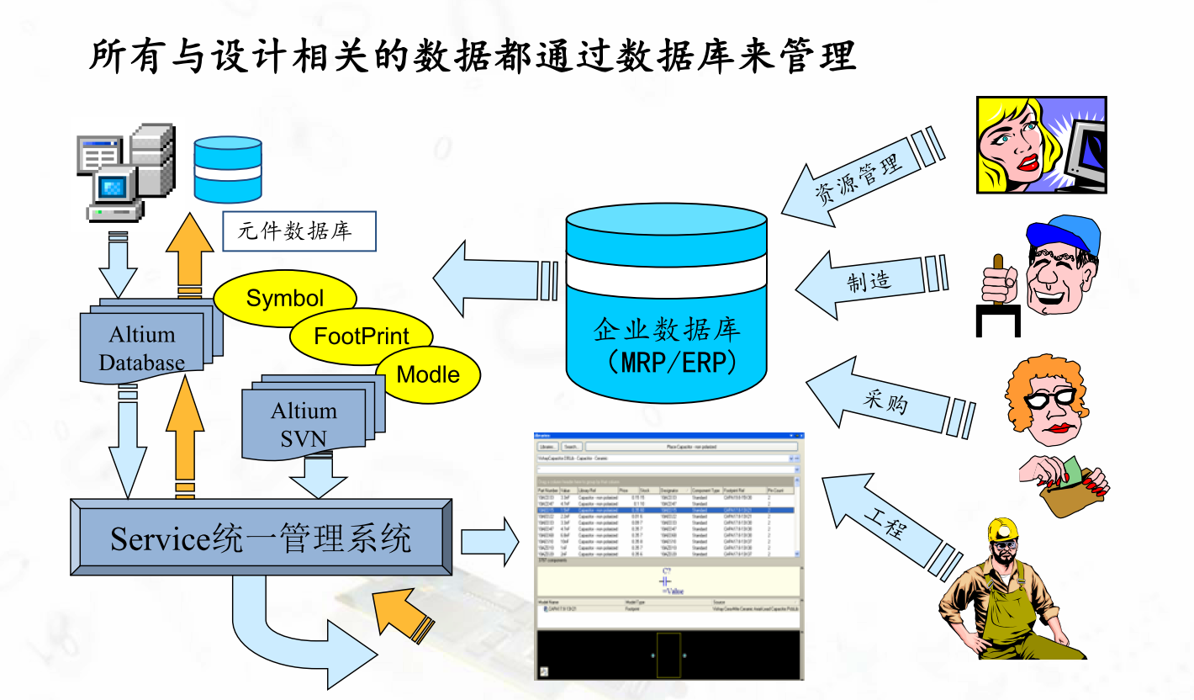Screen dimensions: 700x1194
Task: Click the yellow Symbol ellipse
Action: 285,299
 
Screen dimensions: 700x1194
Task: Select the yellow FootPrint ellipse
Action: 362,337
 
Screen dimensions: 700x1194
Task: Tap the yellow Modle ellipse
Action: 428,374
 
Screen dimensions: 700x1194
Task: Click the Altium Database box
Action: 143,347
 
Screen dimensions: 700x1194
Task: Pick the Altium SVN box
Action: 304,423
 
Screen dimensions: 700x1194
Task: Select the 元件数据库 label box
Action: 298,231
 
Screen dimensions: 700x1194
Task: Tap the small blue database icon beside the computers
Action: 227,169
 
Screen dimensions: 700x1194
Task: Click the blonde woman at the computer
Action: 1040,145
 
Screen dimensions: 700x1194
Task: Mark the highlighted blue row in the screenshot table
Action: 664,510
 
